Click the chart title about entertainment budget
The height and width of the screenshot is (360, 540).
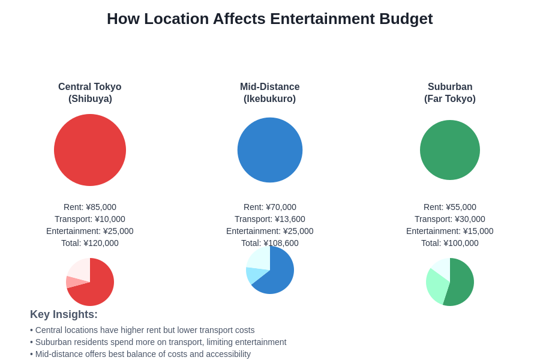coord(269,19)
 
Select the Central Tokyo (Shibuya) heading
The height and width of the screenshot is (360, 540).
coord(90,92)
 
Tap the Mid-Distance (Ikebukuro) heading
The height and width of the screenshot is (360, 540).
coord(270,92)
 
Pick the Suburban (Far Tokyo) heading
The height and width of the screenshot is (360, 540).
coord(450,92)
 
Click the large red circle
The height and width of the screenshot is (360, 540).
coord(90,150)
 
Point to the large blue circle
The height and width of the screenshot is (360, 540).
coord(270,150)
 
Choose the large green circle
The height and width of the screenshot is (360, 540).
coord(450,150)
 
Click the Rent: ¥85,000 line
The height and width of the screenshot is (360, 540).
coord(90,207)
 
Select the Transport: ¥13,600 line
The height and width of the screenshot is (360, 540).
coord(270,219)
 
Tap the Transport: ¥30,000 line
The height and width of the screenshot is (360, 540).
coord(450,219)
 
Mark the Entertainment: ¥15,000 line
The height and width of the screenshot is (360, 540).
coord(450,231)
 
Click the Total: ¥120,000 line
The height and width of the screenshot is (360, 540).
coord(90,243)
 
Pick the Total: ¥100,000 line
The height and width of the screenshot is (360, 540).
coord(450,243)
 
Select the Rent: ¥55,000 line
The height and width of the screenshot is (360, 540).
coord(450,207)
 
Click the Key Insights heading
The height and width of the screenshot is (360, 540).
coord(64,314)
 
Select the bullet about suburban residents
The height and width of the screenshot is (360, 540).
coord(158,342)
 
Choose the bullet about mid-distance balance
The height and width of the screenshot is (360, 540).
coord(140,354)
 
